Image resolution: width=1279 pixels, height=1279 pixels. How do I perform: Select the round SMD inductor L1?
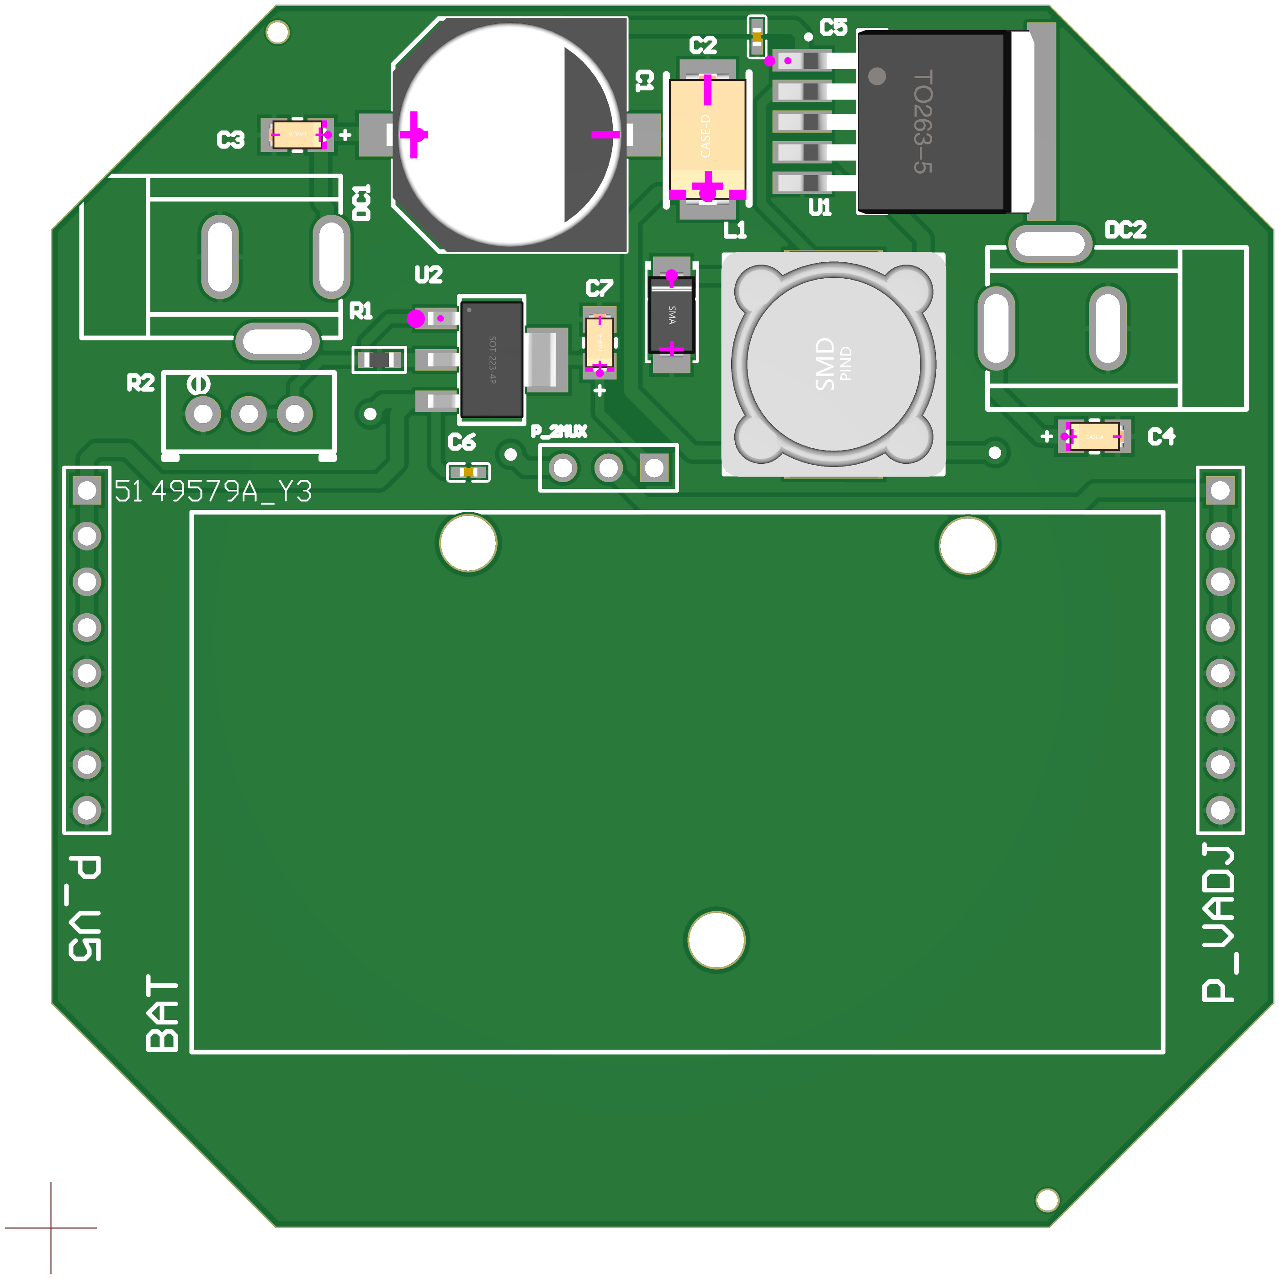[833, 364]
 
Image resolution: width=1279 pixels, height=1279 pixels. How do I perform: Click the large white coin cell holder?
[510, 134]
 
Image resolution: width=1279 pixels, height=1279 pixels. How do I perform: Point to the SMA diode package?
[671, 314]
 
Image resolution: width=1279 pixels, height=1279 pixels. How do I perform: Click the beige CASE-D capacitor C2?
[707, 136]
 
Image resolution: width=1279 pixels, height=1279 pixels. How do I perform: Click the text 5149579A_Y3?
[212, 491]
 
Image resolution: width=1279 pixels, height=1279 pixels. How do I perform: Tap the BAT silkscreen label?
[162, 1013]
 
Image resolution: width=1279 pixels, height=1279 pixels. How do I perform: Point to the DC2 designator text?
[1125, 230]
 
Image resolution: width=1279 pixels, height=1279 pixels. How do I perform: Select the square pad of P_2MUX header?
[654, 468]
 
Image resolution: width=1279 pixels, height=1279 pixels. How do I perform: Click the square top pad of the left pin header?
[87, 491]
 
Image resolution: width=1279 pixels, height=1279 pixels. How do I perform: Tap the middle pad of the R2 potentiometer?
[249, 414]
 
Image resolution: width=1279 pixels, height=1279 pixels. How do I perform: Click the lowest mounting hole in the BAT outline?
[716, 940]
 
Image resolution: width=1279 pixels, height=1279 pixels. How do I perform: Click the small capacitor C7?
[600, 342]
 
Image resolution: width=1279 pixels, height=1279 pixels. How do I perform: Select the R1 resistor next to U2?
[379, 360]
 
